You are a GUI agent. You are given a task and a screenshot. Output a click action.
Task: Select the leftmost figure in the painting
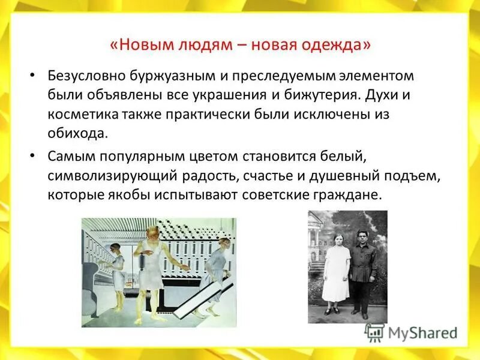pyautogui.click(x=117, y=273)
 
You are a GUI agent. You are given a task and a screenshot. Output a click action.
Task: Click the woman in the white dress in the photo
pyautogui.click(x=335, y=270)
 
